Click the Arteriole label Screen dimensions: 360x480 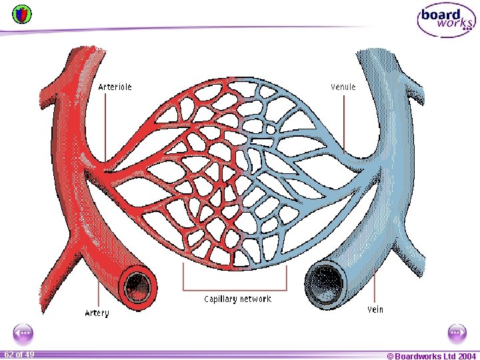coord(115,87)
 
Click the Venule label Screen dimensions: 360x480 coord(343,87)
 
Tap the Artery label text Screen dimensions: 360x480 coord(97,313)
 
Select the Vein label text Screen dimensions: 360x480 coord(375,309)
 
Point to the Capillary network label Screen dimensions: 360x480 coord(237,299)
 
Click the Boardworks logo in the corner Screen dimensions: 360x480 coord(446,20)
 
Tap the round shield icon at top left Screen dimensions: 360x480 coord(22,13)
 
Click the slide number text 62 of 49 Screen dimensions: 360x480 coord(19,354)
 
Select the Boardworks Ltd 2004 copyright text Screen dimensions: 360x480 coord(431,356)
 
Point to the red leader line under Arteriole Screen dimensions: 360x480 coord(104,127)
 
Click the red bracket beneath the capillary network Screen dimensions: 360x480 coord(235,289)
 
